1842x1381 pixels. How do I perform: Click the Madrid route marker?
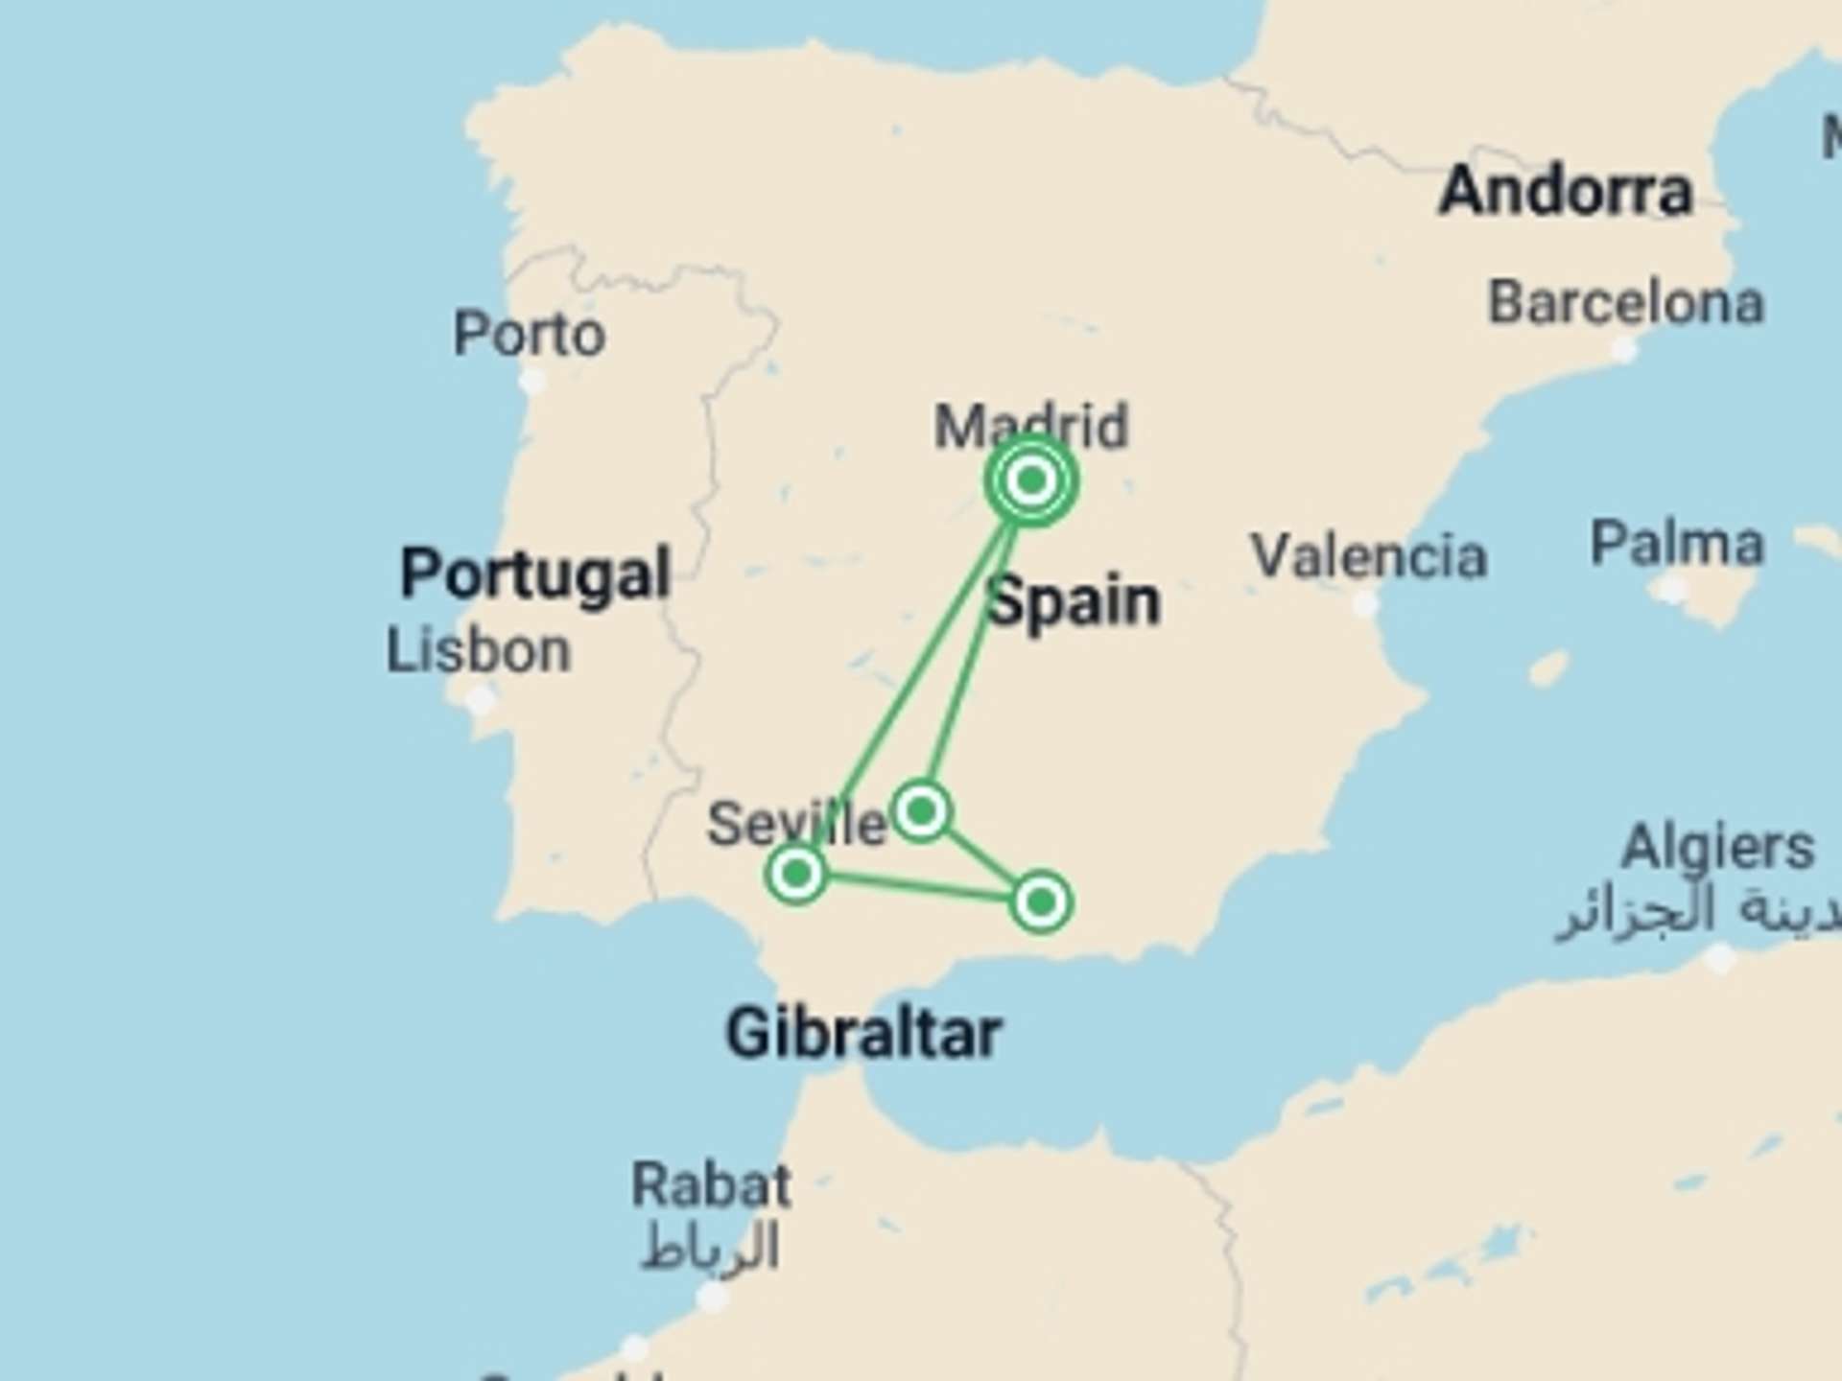1030,480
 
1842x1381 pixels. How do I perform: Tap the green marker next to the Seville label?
796,873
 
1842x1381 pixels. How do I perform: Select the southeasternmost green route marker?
1041,901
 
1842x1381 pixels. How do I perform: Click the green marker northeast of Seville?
921,811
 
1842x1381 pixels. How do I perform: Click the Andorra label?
1566,191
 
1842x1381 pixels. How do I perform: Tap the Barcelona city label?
1625,304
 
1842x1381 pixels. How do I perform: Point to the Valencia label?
1369,556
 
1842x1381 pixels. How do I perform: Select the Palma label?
1677,544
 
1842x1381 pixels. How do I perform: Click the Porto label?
529,334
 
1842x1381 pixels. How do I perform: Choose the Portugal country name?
534,573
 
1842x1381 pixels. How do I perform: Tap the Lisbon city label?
478,650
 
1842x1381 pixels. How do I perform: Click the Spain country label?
1074,602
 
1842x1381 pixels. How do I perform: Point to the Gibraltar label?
863,1034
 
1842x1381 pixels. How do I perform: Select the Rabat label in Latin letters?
711,1185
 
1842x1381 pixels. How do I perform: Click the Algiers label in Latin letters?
1717,847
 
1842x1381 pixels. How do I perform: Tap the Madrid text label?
1031,426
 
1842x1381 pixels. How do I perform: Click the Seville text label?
796,824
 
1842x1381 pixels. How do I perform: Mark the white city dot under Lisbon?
480,701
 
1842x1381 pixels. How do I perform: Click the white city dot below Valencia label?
1365,604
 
